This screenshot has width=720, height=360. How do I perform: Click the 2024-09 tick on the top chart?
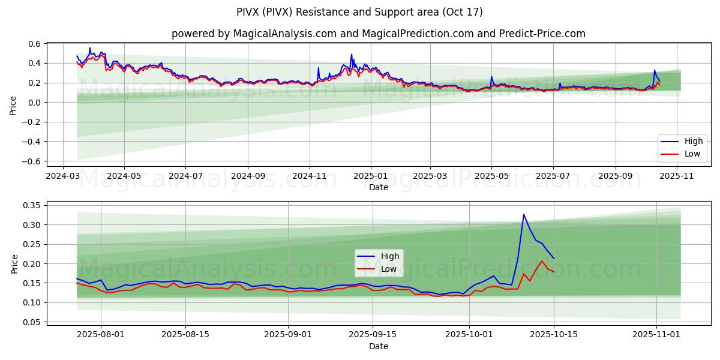248,176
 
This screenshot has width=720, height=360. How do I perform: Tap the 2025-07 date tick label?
553,176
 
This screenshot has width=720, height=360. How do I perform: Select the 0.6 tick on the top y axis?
34,44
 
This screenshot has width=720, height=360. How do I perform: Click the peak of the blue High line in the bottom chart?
523,214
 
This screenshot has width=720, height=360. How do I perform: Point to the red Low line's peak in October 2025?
542,261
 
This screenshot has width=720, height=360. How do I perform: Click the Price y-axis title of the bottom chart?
14,263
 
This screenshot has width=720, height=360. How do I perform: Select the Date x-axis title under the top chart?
378,187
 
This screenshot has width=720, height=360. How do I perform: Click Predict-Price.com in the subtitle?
542,34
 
